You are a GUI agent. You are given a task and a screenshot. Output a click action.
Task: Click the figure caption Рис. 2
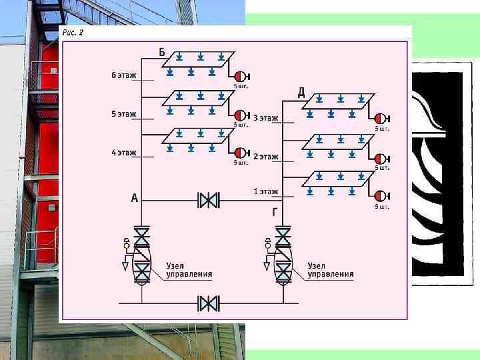tap(73, 32)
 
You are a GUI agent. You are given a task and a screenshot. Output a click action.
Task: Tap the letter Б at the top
tap(163, 51)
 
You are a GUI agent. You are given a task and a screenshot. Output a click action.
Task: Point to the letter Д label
tap(301, 93)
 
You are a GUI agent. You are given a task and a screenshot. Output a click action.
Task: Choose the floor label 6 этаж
tap(124, 75)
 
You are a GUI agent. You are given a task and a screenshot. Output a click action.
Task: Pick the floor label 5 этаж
tap(124, 114)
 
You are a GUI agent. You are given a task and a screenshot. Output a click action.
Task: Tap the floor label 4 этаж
tap(124, 153)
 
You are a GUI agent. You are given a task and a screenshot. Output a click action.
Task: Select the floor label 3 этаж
tap(265, 118)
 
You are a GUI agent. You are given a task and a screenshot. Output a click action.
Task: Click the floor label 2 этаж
tap(265, 157)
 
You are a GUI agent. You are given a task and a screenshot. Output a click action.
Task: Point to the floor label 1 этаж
tap(265, 192)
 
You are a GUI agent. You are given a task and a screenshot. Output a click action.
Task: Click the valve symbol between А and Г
tap(209, 199)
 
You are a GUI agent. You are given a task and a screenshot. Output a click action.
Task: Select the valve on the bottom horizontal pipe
tap(209, 304)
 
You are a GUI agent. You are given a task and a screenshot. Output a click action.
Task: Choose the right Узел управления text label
tap(331, 269)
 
